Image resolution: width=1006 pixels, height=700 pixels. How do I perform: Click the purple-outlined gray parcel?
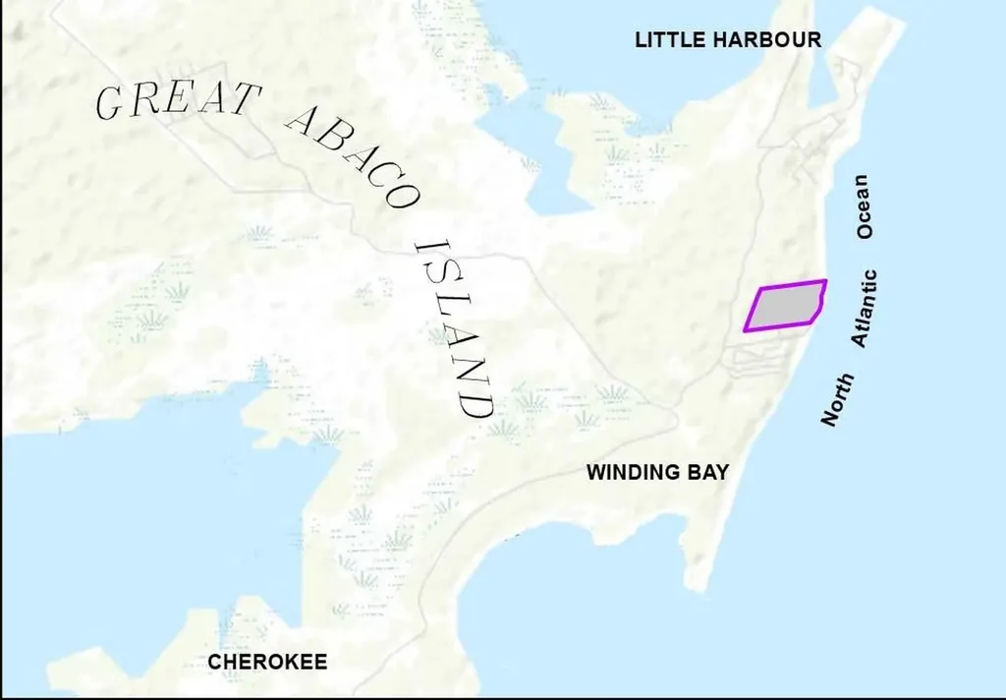(785, 306)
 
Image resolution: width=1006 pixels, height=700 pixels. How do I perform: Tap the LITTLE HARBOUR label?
(727, 40)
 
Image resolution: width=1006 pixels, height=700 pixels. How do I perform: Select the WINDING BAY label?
(657, 472)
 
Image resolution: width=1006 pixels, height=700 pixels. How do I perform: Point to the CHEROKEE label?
(267, 662)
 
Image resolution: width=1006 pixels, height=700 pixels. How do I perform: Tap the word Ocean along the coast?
(864, 206)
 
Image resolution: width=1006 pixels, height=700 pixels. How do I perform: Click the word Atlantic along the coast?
(865, 308)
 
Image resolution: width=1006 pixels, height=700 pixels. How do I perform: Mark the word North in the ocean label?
(838, 399)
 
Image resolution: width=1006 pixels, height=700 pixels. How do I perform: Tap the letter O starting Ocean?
(864, 231)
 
